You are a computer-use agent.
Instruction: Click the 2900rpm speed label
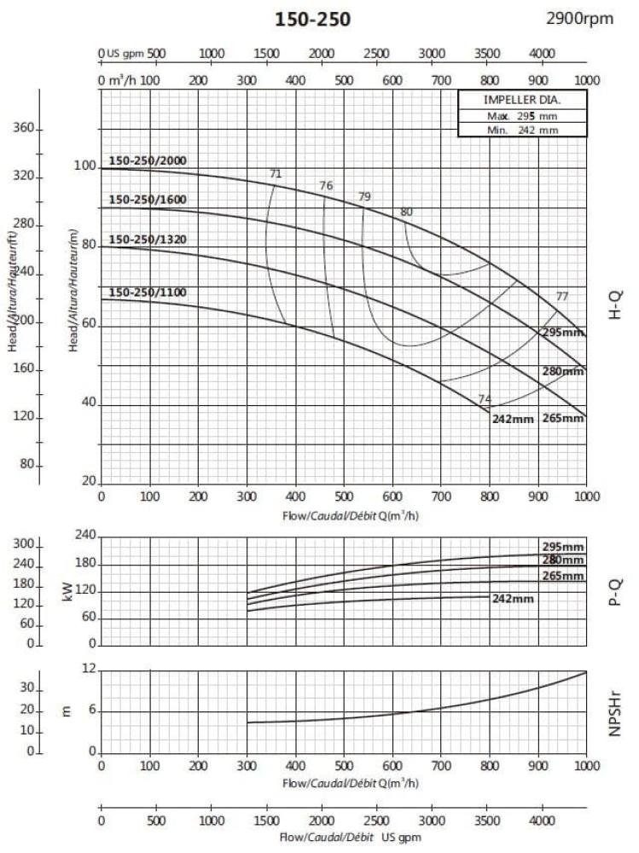580,18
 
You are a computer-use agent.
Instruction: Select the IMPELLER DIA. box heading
522,100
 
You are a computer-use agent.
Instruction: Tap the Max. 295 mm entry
522,115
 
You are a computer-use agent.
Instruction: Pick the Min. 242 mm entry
522,130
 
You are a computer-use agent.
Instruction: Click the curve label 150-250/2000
148,160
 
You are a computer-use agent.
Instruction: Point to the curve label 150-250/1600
148,200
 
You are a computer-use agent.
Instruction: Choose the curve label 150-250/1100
148,293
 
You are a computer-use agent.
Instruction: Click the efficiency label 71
275,174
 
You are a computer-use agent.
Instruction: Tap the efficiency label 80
406,212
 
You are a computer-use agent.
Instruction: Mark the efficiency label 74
485,399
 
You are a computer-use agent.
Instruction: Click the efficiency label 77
561,296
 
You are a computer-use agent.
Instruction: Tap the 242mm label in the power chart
513,599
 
